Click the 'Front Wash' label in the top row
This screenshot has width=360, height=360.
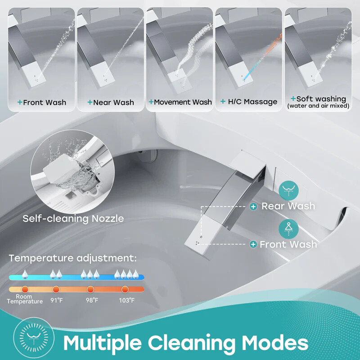point(44,103)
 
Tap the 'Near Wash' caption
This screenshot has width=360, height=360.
point(113,103)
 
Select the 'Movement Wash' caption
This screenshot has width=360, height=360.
point(183,102)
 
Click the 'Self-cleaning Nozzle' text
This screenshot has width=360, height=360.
point(73,219)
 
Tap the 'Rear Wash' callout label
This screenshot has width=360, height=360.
point(288,206)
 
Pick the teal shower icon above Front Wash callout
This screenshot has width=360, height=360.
point(288,229)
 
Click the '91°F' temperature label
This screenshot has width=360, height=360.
point(56,300)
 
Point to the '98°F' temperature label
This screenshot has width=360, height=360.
point(92,300)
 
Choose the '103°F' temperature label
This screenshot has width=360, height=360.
point(126,300)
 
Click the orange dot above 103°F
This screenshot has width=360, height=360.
point(125,289)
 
